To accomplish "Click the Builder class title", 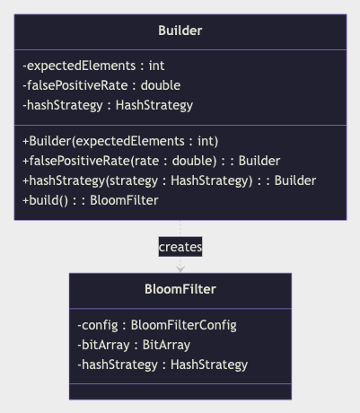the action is tap(180, 31).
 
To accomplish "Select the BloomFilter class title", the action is tap(180, 289).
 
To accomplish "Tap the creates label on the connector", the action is tap(180, 247).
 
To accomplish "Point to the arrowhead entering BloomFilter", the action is tap(180, 269).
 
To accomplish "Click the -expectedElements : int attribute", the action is tap(93, 66).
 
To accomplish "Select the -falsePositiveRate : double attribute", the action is tap(101, 85).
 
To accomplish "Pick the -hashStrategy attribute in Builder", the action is tap(108, 105).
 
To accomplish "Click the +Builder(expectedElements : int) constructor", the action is tap(120, 141).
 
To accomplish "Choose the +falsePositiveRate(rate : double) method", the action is tap(152, 161).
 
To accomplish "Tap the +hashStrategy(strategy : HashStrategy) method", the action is tap(170, 180).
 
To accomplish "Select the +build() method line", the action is tap(91, 200).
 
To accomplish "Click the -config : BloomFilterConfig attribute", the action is tap(157, 325).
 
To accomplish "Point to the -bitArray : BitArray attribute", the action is tap(134, 345).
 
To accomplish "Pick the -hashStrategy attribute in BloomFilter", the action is tap(162, 365).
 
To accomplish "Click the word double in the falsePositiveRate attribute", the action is tap(161, 85).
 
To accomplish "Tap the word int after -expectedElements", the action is tap(157, 66).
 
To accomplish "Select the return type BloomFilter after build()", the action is tap(124, 200).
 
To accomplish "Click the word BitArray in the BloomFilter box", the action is tap(166, 345).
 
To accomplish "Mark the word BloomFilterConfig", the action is tap(184, 325).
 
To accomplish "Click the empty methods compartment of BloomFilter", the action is tap(180, 391).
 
